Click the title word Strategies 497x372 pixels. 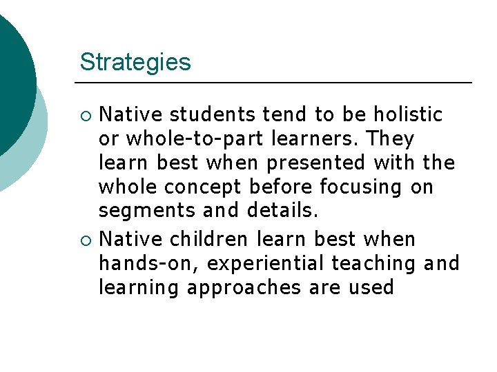135,62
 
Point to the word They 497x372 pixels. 391,138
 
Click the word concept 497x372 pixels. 211,187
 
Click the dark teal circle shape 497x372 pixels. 12,76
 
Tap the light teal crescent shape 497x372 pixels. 35,152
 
